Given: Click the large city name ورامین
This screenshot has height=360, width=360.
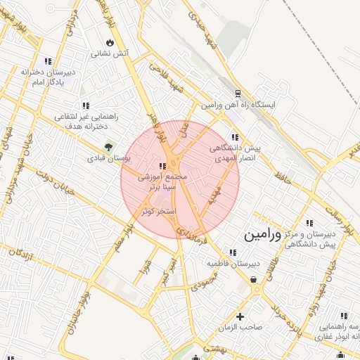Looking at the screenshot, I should [262, 236].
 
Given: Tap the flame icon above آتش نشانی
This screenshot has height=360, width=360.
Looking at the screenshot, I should [108, 41].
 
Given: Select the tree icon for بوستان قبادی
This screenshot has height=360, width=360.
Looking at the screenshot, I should [108, 147].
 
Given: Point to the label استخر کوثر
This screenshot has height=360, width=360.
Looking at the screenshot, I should [158, 211].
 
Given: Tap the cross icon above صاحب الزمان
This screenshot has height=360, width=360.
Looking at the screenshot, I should [240, 316].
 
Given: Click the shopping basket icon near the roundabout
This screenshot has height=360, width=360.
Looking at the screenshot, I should [253, 280].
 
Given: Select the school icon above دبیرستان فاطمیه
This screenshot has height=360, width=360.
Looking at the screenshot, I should [233, 252].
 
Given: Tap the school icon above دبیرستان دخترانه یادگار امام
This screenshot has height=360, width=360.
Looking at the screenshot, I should [48, 61].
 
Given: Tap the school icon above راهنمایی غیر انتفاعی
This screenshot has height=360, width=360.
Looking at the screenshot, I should [86, 106].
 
